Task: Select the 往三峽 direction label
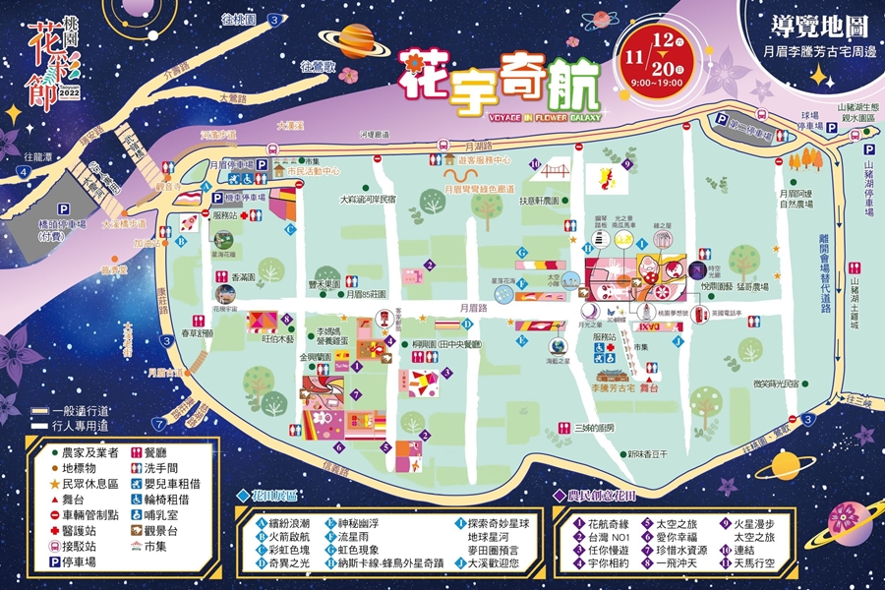pos(857,399)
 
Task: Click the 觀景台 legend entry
pos(160,529)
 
